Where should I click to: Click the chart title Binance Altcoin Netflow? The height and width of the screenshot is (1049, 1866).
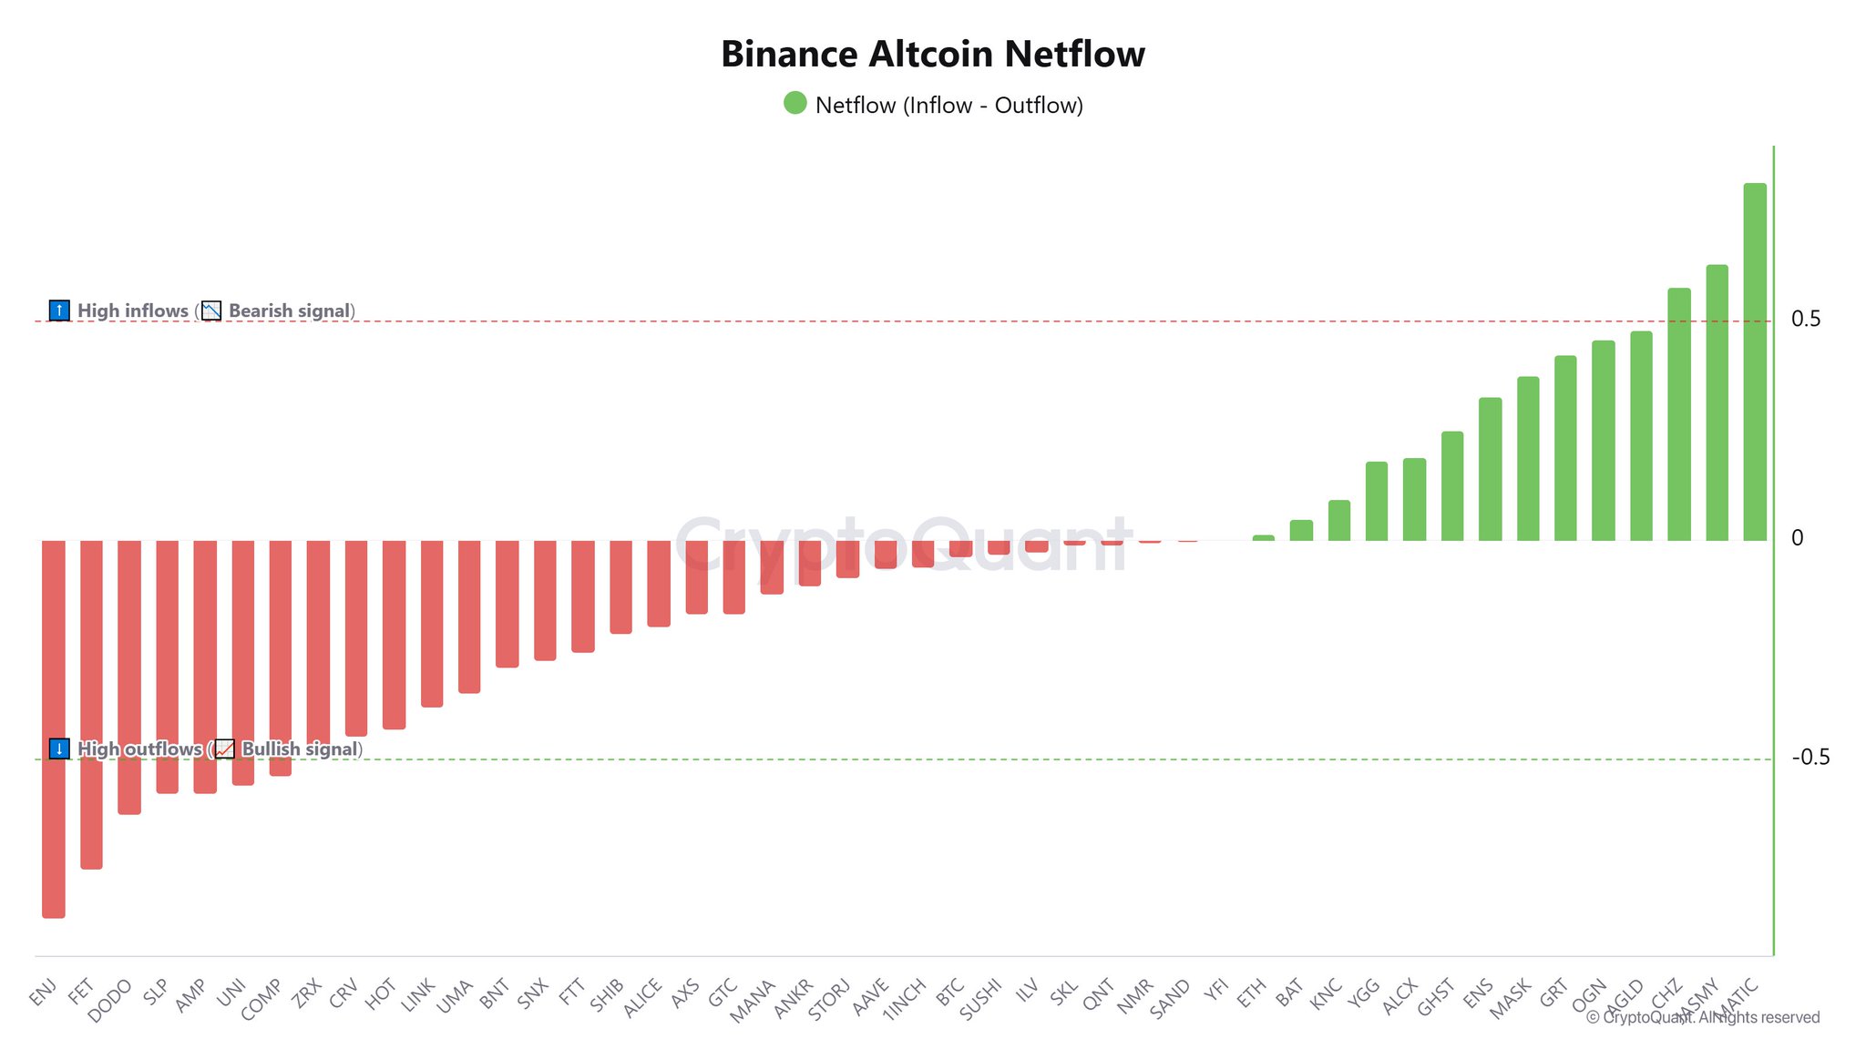(x=932, y=55)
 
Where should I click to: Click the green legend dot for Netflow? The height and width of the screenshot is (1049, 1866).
(x=795, y=103)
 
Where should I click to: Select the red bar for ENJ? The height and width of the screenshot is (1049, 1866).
(x=54, y=728)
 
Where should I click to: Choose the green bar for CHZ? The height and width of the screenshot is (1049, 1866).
(x=1679, y=414)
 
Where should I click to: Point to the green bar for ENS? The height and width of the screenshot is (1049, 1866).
(x=1490, y=469)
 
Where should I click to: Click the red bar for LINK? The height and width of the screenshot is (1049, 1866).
(x=432, y=624)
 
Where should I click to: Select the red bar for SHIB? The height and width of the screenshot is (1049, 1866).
(x=620, y=586)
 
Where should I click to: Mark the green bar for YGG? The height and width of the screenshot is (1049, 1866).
(x=1376, y=501)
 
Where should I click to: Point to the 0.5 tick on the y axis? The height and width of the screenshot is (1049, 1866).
(x=1806, y=320)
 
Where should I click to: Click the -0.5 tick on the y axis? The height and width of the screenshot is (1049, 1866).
(x=1810, y=758)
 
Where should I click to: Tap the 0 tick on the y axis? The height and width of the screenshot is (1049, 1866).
(x=1798, y=538)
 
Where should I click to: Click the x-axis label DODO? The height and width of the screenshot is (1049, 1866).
(x=111, y=1001)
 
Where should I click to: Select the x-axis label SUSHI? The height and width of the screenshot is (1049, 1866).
(x=981, y=999)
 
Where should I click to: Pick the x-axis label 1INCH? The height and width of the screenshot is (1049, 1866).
(x=904, y=999)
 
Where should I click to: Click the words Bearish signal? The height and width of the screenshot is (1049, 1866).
(x=289, y=311)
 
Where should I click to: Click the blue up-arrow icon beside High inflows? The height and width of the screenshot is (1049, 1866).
(x=59, y=311)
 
